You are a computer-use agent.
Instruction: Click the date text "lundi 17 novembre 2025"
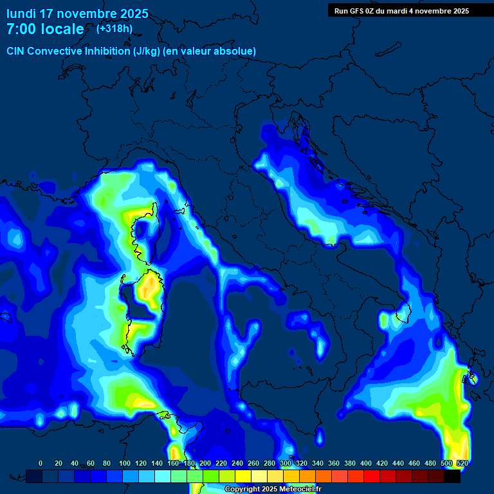click(77, 14)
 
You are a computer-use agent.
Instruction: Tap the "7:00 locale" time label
click(45, 29)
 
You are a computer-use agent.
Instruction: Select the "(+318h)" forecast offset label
click(114, 28)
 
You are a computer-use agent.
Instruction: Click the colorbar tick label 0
click(41, 463)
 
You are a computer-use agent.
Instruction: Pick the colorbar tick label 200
click(205, 463)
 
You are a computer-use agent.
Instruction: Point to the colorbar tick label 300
click(286, 463)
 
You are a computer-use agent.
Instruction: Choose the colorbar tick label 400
click(366, 463)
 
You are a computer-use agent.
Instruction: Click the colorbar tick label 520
click(462, 463)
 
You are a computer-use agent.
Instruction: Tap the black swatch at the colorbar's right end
click(452, 476)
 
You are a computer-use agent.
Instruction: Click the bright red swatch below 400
click(372, 476)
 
